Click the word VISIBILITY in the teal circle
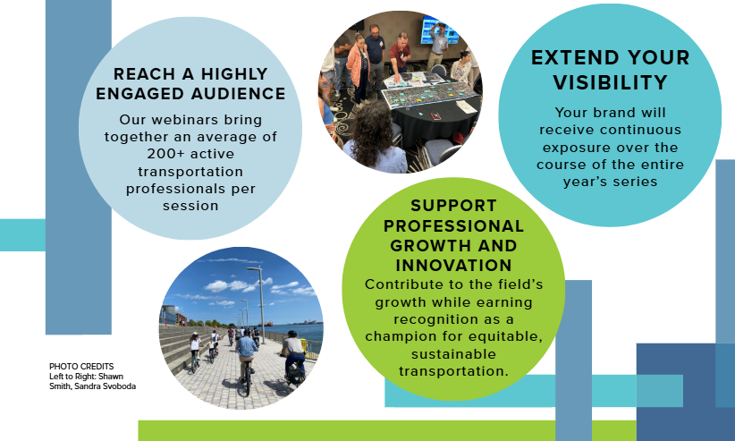[611, 82]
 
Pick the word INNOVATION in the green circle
[453, 266]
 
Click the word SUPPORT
[453, 206]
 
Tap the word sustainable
[453, 353]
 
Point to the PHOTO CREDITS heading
[81, 367]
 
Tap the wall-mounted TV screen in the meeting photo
[439, 30]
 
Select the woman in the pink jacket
[359, 68]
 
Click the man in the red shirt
[400, 53]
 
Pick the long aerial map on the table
[430, 93]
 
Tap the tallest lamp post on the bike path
[259, 303]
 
